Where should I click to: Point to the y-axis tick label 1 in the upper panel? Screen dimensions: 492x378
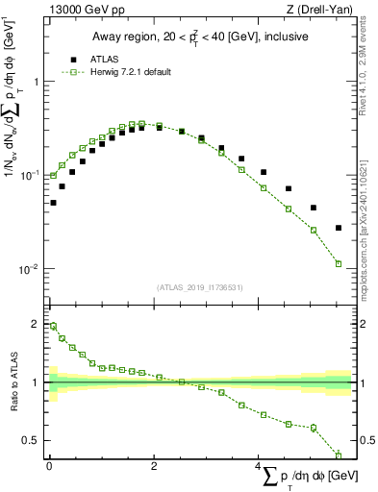[36, 82]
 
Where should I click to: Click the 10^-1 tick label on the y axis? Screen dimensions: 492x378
[29, 176]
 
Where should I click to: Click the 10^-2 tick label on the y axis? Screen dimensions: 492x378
[29, 269]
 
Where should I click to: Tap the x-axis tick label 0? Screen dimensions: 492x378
[49, 465]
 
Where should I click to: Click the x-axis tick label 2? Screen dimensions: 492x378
[154, 465]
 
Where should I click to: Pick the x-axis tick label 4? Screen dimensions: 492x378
[259, 465]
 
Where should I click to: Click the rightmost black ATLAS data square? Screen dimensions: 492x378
[339, 228]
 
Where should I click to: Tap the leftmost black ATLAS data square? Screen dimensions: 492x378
[53, 203]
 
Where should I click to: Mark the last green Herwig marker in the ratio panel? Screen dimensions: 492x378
[339, 455]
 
